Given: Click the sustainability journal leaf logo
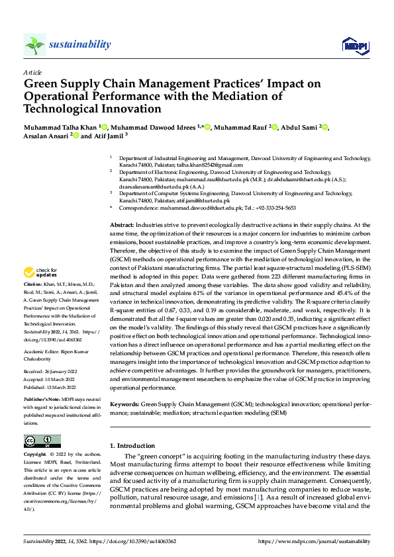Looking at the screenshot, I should (x=35, y=44).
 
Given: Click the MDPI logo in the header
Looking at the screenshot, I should (x=355, y=45).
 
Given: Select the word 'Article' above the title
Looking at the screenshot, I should (x=32, y=72).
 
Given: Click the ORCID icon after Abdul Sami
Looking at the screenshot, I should (x=325, y=127).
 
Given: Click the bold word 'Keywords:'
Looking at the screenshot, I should (x=125, y=403).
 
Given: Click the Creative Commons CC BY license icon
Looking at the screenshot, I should (x=42, y=441).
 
